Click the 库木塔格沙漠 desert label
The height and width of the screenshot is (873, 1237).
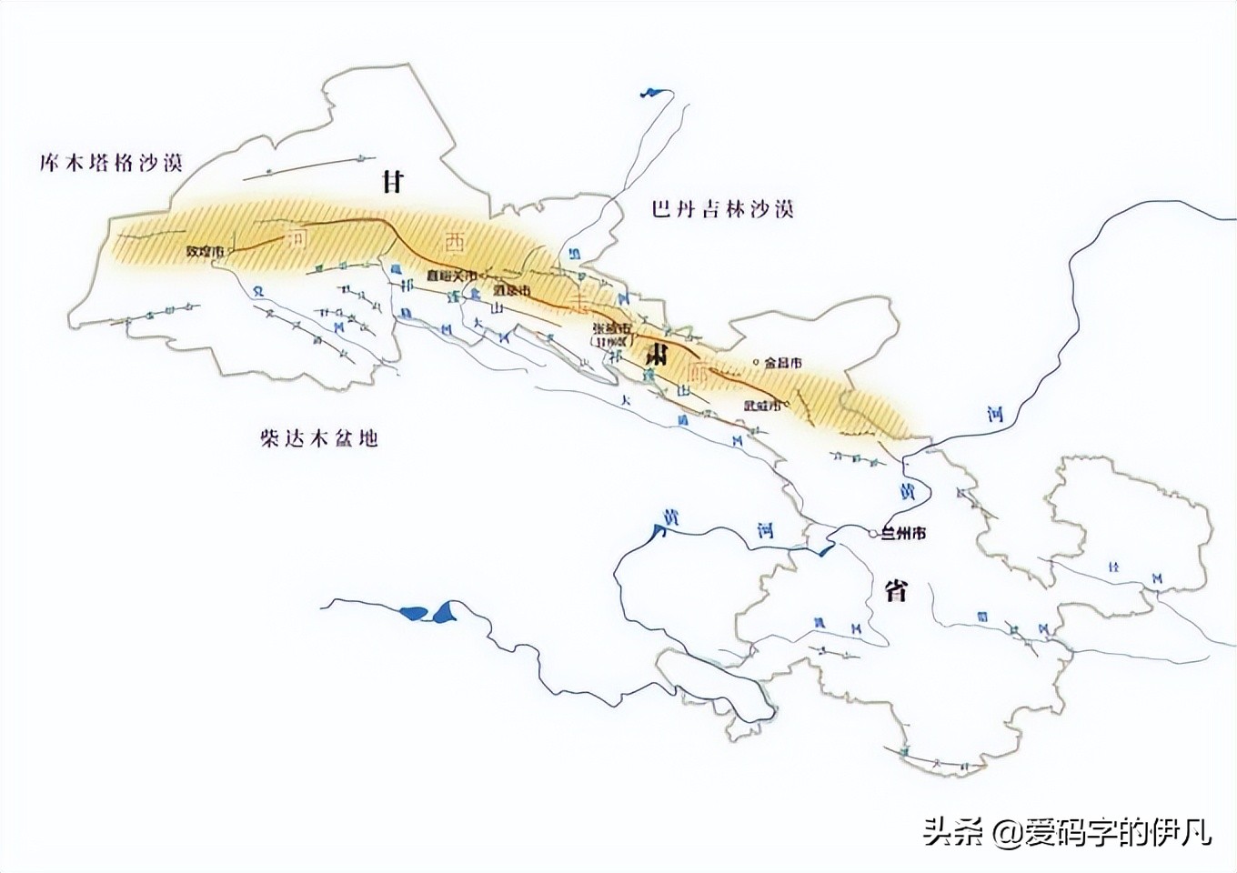[x=112, y=164]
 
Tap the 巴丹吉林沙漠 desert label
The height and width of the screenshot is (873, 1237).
[x=722, y=209]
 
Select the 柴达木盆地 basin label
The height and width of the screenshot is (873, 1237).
[x=317, y=439]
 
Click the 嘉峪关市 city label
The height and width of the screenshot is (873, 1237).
[x=451, y=275]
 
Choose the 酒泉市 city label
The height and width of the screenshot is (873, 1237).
[x=511, y=291]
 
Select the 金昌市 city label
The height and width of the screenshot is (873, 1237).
[x=783, y=363]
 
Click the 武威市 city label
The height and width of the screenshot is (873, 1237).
[x=762, y=406]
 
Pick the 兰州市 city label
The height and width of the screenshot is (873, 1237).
[x=903, y=534]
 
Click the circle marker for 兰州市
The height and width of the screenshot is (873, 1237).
[x=873, y=534]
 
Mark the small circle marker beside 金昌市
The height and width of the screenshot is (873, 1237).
[x=757, y=363]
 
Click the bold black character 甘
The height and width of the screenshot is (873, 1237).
[x=393, y=182]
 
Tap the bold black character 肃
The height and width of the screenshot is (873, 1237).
[x=653, y=355]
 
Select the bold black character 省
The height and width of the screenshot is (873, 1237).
[x=896, y=590]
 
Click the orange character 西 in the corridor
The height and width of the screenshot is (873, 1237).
[x=452, y=243]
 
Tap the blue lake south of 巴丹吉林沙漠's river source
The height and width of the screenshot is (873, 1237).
[x=653, y=91]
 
